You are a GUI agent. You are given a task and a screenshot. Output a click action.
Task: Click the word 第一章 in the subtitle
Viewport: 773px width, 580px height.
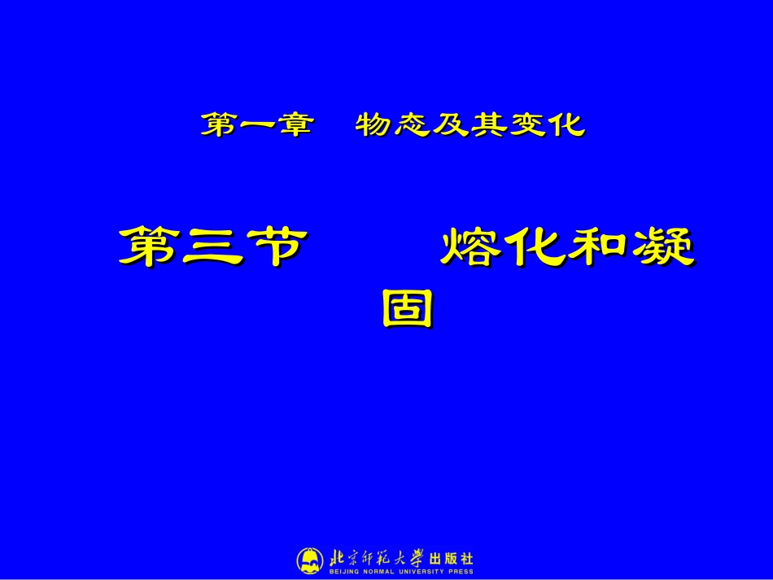click(257, 125)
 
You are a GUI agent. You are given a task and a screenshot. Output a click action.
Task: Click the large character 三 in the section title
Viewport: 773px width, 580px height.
click(212, 247)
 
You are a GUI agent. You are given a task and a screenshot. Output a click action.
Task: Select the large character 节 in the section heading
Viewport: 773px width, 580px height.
click(275, 247)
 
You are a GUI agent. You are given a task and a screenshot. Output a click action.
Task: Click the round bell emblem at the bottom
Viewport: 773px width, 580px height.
click(309, 560)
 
